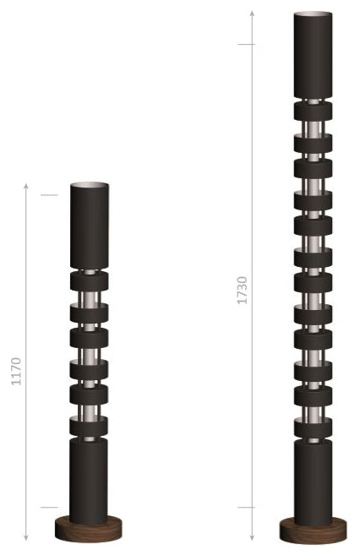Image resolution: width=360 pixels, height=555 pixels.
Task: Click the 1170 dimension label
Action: click(16, 372)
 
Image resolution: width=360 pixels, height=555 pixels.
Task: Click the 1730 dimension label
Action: click(243, 290)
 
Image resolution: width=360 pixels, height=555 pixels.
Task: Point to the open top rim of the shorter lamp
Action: click(90, 185)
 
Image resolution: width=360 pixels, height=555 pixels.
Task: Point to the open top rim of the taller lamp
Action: click(314, 15)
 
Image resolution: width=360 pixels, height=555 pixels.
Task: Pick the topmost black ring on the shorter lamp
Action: click(90, 282)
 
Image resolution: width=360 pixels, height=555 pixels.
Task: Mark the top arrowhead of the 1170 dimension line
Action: click(27, 184)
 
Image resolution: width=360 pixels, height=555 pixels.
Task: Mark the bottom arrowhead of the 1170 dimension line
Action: click(27, 539)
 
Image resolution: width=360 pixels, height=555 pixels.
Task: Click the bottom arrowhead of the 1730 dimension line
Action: click(252, 539)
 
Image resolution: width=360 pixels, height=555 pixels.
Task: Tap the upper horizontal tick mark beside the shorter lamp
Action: click(49, 196)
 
